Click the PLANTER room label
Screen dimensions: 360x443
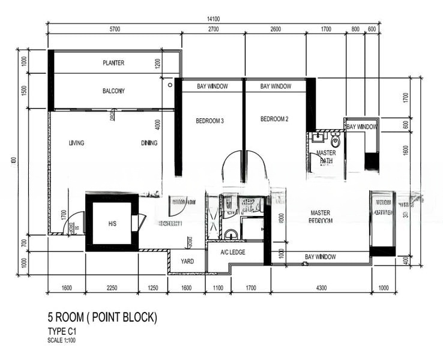pos(113,62)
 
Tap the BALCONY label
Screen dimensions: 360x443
pos(113,91)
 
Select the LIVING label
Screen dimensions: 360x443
pos(76,143)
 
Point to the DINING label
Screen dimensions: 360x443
pos(149,143)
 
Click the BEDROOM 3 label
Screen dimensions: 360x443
pos(209,121)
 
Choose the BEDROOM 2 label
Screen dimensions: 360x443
pos(274,119)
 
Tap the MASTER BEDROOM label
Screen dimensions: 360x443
pos(321,217)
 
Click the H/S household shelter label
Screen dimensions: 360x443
pos(112,223)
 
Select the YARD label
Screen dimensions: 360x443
pos(187,262)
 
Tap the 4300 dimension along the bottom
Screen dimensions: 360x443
pos(321,288)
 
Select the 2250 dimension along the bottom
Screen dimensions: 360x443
pos(112,288)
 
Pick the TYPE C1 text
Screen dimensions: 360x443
pos(63,331)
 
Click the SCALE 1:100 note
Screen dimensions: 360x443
pos(62,340)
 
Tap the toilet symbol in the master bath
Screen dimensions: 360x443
pos(336,141)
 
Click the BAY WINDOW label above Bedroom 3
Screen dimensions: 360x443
pos(212,86)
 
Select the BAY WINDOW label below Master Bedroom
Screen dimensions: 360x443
pos(320,257)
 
